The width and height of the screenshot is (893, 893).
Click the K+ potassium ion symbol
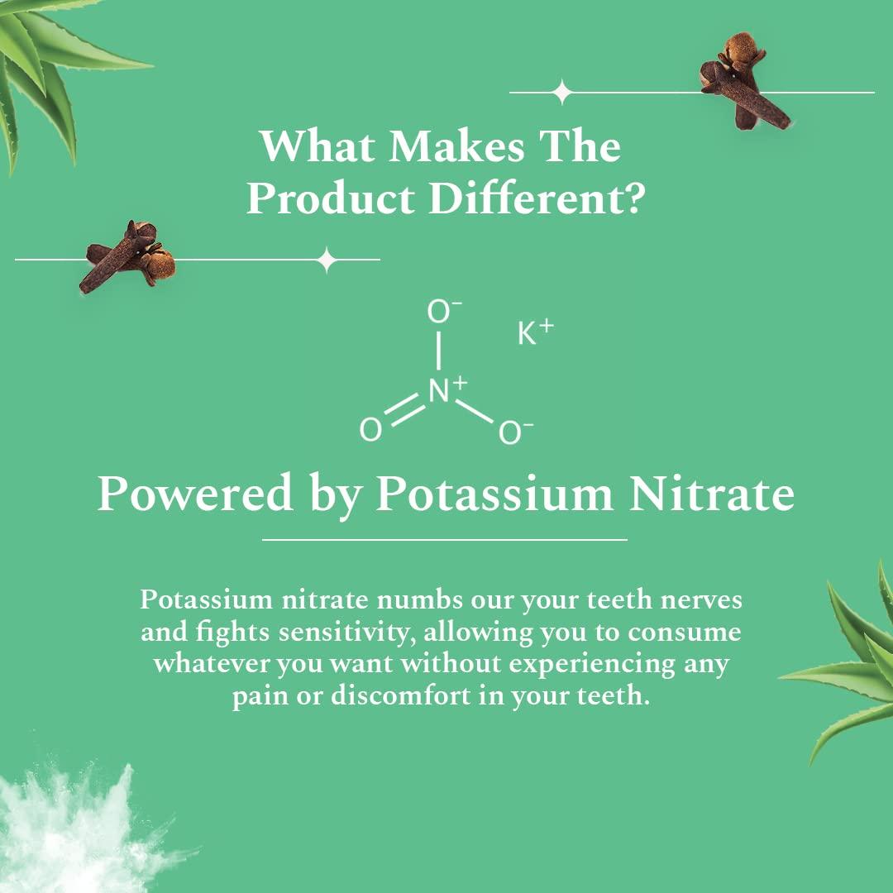click(x=534, y=333)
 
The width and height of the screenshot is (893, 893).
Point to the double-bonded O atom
click(x=370, y=430)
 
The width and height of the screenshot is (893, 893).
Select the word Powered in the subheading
click(x=195, y=494)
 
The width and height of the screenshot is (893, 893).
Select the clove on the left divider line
click(x=128, y=256)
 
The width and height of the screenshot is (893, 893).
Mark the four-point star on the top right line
click(x=562, y=92)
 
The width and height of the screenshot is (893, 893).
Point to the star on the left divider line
click(x=327, y=260)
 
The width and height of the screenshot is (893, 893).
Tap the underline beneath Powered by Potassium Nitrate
click(x=445, y=539)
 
